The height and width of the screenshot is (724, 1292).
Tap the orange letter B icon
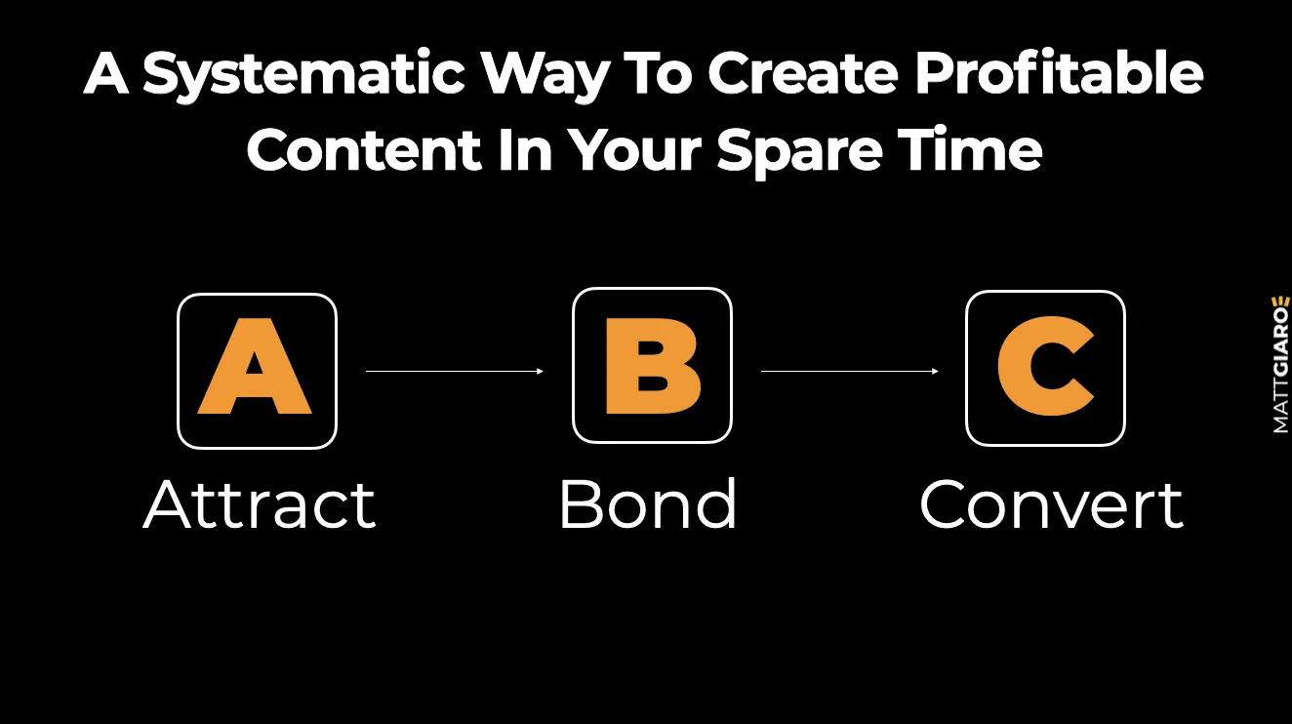coord(653,365)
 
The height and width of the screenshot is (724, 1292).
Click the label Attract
coord(260,503)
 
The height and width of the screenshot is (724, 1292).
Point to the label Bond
coord(648,503)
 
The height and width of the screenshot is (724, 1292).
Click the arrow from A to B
coord(455,371)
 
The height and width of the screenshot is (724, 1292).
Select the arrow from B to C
coord(850,371)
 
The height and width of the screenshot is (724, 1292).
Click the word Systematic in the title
coord(303,75)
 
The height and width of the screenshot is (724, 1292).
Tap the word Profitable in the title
coord(1059,72)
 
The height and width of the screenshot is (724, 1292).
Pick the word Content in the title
coord(364,149)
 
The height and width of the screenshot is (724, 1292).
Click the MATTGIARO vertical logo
coord(1280,365)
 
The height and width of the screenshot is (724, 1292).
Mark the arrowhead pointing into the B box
coord(541,371)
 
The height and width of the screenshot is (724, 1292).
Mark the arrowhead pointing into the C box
coord(936,371)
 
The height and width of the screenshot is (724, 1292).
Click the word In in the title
coord(525,149)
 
